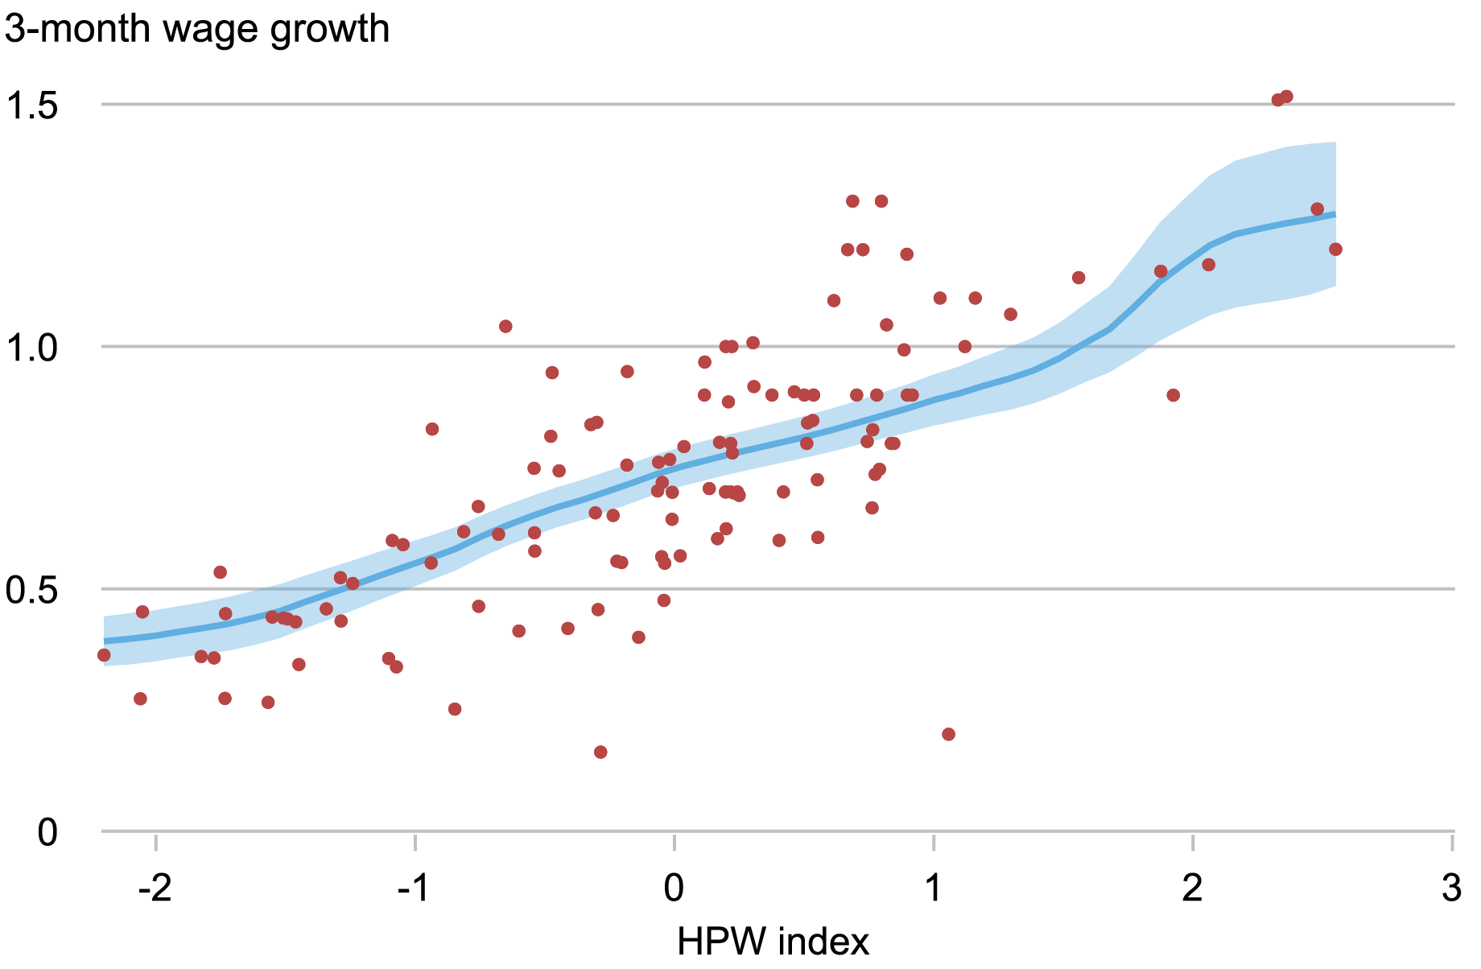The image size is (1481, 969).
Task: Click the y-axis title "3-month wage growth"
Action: pos(197,30)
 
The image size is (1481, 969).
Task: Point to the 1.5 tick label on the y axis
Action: pos(32,105)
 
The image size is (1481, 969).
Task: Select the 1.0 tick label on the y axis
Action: pos(32,348)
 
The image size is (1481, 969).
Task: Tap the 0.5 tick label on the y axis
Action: pos(32,590)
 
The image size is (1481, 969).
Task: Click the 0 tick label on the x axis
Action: pos(674,889)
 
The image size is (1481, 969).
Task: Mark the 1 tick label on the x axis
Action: pos(933,889)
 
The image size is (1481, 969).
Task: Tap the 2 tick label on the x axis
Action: pos(1192,889)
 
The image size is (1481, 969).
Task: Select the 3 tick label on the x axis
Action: pos(1451,889)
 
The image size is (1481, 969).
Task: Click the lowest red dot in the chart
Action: pos(600,752)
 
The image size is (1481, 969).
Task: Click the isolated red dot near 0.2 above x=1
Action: pos(948,734)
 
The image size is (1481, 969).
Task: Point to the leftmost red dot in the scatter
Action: pos(104,655)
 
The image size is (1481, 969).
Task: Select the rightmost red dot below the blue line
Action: pos(1335,249)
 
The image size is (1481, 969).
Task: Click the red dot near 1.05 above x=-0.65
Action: pos(505,326)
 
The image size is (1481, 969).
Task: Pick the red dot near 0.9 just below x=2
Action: pos(1173,395)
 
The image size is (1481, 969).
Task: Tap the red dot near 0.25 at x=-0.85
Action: pos(455,709)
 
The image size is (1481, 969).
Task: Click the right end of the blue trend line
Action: pos(1335,214)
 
